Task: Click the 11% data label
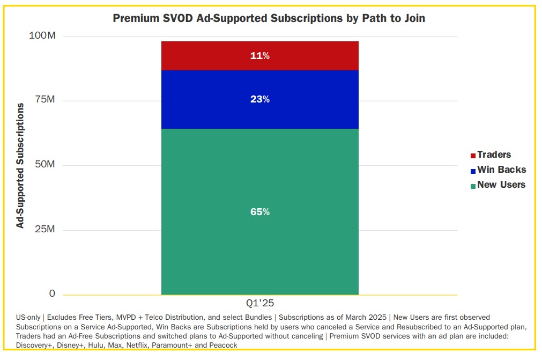tap(260, 56)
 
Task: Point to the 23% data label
tap(260, 100)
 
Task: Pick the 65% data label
tap(260, 212)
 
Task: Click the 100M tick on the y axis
tap(42, 36)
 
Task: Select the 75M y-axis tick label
tap(43, 100)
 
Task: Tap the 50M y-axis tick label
tap(43, 165)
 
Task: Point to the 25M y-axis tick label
tap(43, 230)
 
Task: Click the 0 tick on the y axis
tap(52, 293)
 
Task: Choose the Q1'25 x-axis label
tap(260, 303)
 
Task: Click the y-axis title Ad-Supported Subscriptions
tap(20, 165)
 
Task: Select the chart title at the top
tap(269, 18)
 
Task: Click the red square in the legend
tap(473, 156)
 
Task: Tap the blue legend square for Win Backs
tap(473, 171)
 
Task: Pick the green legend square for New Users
tap(473, 186)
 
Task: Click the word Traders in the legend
tap(494, 155)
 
